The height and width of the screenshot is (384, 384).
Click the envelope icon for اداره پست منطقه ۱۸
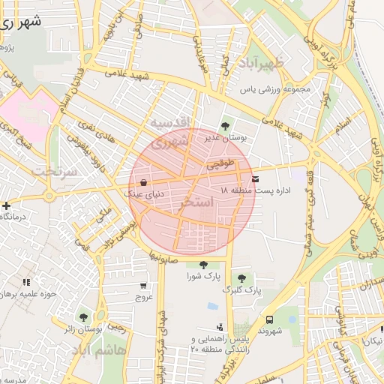tap(256, 178)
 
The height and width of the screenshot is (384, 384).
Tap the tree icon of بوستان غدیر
tap(226, 124)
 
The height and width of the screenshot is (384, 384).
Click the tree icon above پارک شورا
tap(203, 264)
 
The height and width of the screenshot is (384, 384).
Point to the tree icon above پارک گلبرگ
tap(241, 277)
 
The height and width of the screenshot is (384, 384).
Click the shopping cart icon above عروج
tap(143, 286)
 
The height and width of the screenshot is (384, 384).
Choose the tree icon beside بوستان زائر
tap(83, 317)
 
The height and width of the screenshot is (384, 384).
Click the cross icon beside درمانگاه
tap(6, 205)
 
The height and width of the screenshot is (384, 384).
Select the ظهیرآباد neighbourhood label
tap(259, 64)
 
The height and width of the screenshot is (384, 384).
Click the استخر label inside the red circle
tap(198, 203)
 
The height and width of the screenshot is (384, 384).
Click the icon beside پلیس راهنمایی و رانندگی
tap(220, 326)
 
